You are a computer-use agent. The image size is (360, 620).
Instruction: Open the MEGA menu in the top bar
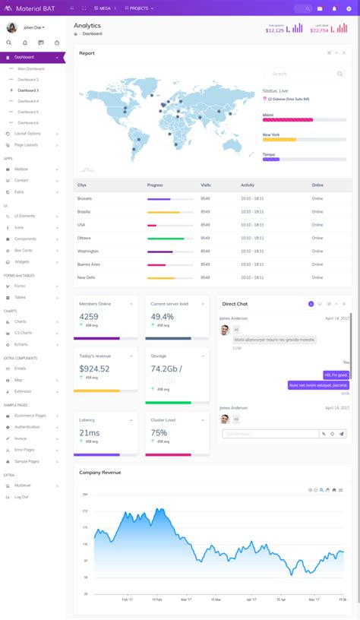click(104, 8)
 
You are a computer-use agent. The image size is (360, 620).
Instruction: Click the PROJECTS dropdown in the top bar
click(140, 8)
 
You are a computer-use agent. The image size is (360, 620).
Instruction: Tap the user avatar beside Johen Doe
click(12, 27)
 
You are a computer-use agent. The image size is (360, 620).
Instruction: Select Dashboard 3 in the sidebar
click(28, 90)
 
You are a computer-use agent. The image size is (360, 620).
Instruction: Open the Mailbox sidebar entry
click(21, 169)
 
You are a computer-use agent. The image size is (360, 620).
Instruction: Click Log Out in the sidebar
click(21, 497)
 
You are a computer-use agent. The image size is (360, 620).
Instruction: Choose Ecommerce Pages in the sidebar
click(30, 416)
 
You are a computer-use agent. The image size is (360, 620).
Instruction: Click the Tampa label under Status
click(268, 153)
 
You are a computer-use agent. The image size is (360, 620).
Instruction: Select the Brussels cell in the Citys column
click(84, 198)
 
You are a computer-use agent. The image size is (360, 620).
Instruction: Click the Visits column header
click(206, 185)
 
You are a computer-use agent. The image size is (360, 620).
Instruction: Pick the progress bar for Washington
click(163, 251)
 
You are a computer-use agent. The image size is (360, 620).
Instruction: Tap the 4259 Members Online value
click(89, 317)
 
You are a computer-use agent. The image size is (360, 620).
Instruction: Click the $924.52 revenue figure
click(94, 369)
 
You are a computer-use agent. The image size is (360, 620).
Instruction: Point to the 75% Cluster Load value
click(159, 433)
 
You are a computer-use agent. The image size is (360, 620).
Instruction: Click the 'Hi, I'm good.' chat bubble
click(336, 375)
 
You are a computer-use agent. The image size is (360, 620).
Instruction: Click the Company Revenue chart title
click(100, 473)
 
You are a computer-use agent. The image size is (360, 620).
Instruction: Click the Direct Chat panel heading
click(235, 304)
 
